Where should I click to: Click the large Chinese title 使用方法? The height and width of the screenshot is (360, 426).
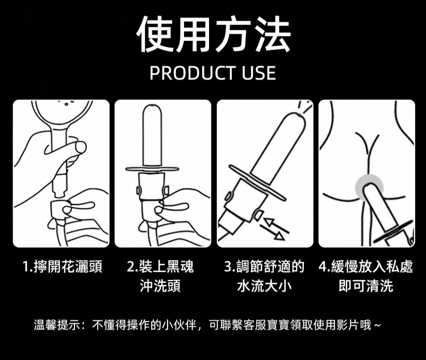(213, 34)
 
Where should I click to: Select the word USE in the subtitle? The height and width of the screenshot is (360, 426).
(259, 73)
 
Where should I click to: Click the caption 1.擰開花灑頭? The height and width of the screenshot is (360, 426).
(62, 266)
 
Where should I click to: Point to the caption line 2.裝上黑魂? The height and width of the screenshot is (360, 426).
(160, 266)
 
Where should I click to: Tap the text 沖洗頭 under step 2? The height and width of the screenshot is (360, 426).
(160, 286)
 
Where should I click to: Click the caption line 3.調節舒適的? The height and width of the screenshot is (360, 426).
(264, 266)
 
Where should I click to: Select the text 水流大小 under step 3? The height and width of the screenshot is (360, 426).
(264, 286)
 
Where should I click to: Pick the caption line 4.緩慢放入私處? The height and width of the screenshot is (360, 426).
(366, 266)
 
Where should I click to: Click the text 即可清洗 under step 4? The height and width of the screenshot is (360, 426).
(366, 286)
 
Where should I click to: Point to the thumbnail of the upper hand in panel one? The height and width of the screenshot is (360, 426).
(81, 147)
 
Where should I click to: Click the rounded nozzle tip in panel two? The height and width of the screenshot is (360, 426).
(152, 108)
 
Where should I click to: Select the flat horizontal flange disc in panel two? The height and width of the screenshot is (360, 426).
(152, 169)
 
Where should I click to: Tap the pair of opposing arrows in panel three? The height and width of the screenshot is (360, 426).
(274, 229)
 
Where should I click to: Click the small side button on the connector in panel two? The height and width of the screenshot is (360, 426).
(138, 190)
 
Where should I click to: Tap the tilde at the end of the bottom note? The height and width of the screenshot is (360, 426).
(377, 325)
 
